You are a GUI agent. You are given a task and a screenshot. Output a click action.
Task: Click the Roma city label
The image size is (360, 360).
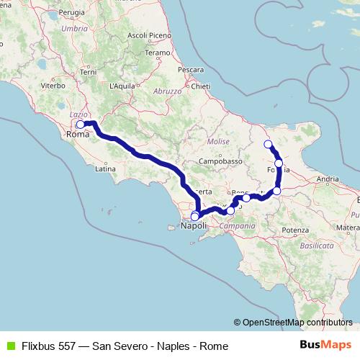[x=77, y=135]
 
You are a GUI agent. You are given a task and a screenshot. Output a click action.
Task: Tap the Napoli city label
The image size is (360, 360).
[x=194, y=226]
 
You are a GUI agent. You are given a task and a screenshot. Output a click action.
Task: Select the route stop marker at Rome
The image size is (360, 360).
[x=81, y=125]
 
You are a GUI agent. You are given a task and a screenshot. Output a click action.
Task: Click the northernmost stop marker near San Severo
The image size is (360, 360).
[x=269, y=145]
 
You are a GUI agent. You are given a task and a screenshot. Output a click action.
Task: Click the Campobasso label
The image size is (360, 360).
[x=220, y=161]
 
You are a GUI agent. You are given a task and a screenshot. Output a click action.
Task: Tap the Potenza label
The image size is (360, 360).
[x=296, y=230]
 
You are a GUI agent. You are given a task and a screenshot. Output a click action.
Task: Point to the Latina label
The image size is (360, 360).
[x=105, y=170]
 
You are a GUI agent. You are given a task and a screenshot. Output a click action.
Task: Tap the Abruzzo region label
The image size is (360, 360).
[x=166, y=92]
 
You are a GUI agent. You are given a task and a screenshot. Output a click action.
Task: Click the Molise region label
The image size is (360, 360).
[x=217, y=142]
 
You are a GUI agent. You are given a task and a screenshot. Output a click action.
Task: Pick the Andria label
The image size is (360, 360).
[x=328, y=178]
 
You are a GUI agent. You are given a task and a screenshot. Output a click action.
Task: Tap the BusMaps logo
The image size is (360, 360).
[x=327, y=346]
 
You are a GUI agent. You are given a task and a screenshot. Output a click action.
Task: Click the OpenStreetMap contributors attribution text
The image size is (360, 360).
[x=297, y=323]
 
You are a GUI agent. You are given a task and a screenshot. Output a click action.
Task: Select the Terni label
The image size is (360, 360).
[x=89, y=73]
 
